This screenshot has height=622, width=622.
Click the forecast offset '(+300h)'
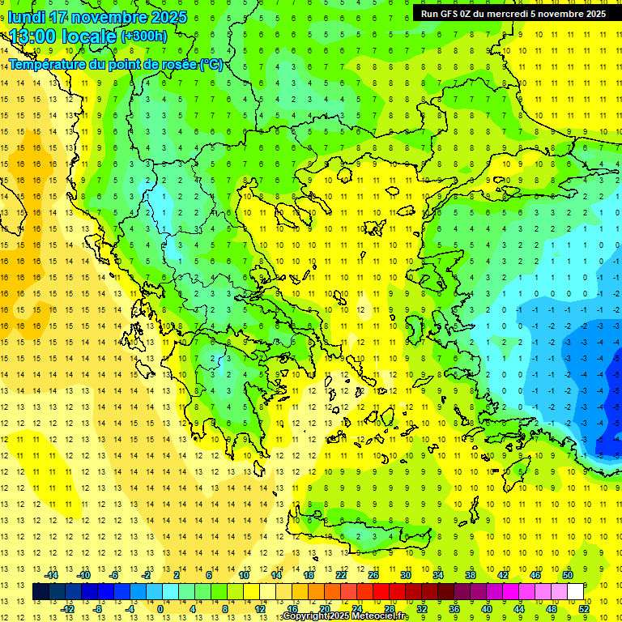click(144, 36)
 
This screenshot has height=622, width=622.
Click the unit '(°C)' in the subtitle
click(211, 65)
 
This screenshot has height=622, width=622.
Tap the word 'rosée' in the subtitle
click(177, 65)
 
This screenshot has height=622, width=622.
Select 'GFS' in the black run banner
click(452, 13)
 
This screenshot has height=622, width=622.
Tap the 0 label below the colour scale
click(160, 608)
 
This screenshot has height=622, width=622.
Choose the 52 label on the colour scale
click(583, 608)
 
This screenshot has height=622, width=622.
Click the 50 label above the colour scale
click(568, 575)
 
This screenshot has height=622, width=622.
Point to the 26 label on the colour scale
click(373, 575)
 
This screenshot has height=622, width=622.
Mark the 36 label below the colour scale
click(454, 608)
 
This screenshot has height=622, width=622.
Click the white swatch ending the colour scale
click(575, 592)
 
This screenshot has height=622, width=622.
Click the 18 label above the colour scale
click(309, 575)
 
